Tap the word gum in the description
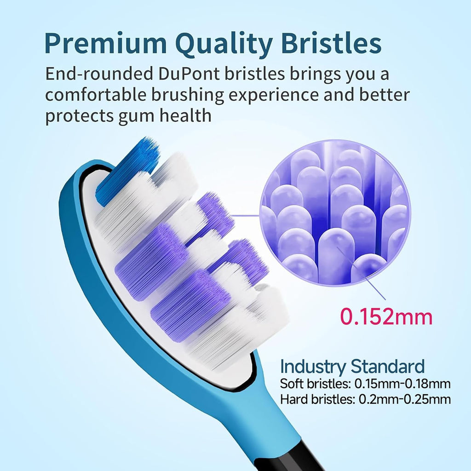136,116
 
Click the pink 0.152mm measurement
386,316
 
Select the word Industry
312,367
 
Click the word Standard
387,367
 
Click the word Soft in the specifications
292,384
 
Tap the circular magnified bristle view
334,212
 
